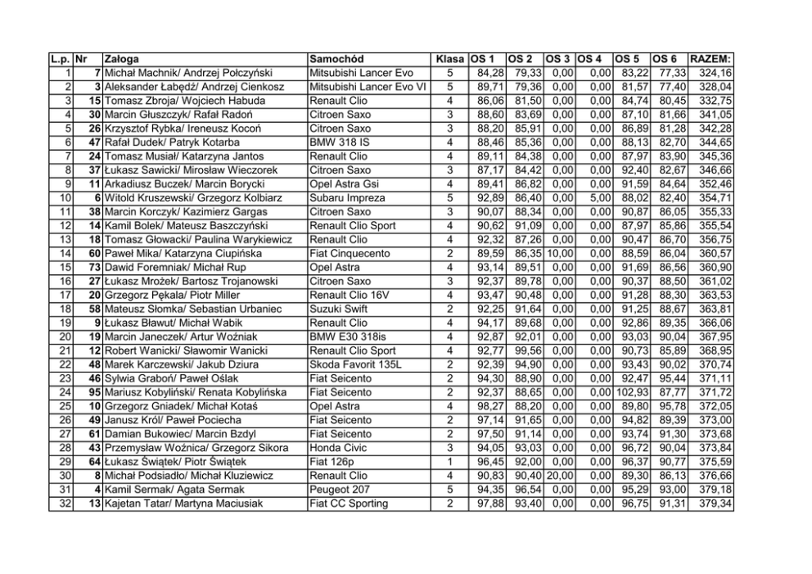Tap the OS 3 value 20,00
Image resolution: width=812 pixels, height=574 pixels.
[560, 476]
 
